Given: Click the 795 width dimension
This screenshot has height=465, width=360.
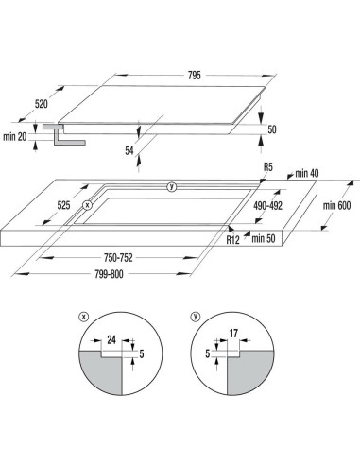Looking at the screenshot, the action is point(195,76).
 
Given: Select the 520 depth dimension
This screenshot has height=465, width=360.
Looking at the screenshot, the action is point(41,104).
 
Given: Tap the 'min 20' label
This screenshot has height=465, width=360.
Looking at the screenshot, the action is point(15,137).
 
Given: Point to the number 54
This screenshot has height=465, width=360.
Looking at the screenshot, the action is point(129,151).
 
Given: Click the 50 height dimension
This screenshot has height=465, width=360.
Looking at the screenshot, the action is point(272,129).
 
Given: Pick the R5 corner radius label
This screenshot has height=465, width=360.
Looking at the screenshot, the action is point(267,167).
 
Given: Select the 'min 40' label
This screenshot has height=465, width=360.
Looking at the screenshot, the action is point(307,173).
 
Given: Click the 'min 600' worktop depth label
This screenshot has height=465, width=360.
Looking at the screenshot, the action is point(336,206).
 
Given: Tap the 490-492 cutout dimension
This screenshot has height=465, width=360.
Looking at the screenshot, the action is point(267,206).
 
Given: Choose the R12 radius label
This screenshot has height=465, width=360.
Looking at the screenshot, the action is point(232,240).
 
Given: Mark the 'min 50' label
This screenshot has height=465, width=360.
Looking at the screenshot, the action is point(264,238).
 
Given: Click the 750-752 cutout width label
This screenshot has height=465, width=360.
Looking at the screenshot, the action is point(118,258).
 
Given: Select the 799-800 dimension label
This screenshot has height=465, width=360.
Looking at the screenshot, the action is point(109,274).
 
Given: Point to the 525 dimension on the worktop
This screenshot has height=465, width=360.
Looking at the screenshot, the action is point(63,205).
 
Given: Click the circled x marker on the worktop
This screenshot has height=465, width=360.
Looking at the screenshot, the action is point(87,205).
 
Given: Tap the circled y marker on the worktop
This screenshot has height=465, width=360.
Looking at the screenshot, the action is point(172,186).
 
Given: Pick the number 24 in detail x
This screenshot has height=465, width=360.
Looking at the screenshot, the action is point(111,340).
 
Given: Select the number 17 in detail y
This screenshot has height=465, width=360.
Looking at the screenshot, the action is point(233,334).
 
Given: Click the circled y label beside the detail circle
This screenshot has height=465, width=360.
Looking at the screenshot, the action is point(196,317).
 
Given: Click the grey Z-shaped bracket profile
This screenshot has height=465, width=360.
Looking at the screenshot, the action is point(64,134).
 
